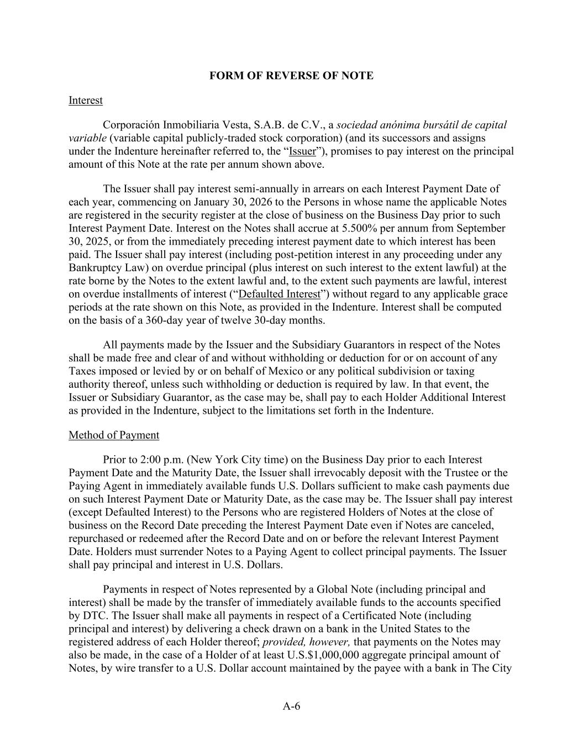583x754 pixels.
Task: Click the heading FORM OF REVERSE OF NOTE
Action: tap(291, 76)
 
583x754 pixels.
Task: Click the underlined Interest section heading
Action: tap(86, 101)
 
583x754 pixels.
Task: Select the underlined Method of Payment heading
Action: tap(114, 435)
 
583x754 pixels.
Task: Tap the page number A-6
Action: tap(291, 706)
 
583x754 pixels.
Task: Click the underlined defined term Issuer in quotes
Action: tap(303, 151)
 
